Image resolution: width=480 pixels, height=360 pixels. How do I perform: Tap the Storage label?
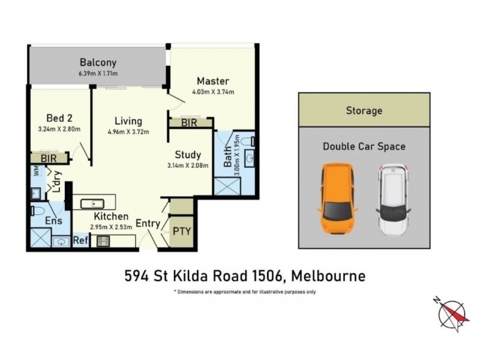pos(364,110)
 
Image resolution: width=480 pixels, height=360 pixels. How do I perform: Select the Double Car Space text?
pos(364,146)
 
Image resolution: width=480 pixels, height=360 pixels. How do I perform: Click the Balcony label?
pos(97,62)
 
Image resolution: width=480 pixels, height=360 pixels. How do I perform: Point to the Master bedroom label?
pos(213,81)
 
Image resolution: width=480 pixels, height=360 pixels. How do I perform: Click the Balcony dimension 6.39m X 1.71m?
pos(97,73)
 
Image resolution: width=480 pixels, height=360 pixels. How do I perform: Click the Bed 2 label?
pos(59,118)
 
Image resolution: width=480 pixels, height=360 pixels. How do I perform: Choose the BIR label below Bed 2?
pos(49,158)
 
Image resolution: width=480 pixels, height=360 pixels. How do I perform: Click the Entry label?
pos(148,223)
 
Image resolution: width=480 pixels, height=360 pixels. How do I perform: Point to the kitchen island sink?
pos(94,202)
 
